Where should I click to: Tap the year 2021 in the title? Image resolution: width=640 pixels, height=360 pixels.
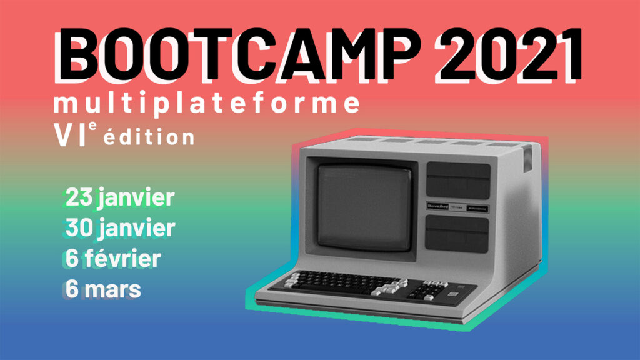508,53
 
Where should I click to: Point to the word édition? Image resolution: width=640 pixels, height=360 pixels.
149,137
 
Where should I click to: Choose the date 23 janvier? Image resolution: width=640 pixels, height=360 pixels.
119,198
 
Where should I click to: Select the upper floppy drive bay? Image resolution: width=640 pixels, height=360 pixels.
458,180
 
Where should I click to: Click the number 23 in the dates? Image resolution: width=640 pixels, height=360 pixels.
79,198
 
